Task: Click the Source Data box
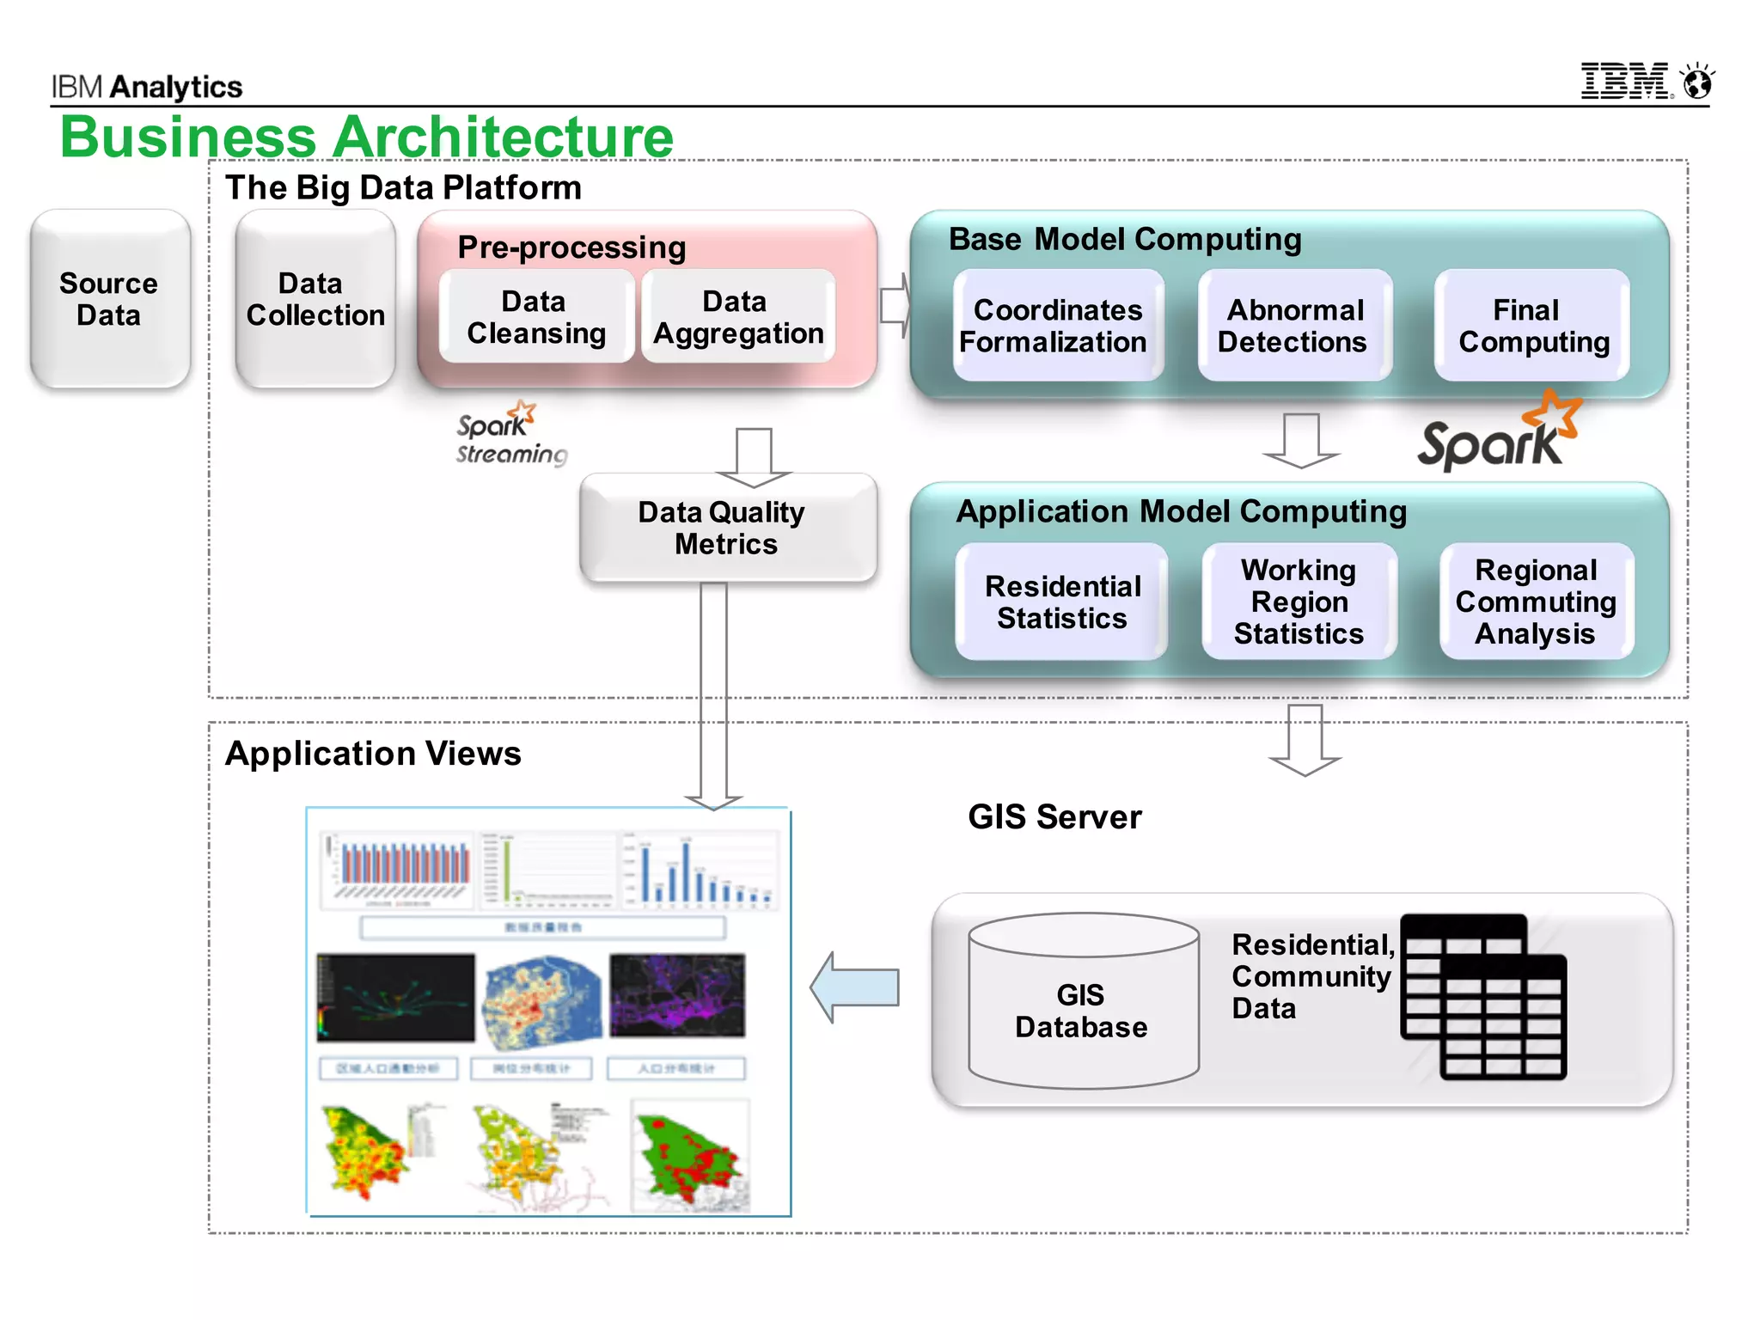coord(109,299)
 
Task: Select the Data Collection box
coord(315,299)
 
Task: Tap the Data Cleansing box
coord(536,316)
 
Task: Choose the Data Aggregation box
coord(738,316)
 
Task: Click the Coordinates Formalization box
coord(1057,325)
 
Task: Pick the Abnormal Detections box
coord(1293,325)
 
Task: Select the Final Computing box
coord(1532,325)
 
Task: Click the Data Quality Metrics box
coord(727,528)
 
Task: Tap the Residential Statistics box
coord(1062,602)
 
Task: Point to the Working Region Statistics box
coord(1299,602)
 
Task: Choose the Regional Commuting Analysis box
coord(1536,602)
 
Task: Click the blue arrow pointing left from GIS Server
coord(855,987)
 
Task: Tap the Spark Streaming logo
coord(509,434)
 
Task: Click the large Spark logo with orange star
coord(1498,434)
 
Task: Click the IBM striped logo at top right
coord(1624,82)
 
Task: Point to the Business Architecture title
coord(367,137)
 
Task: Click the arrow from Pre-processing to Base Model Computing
coord(895,306)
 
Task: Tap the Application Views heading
coord(373,754)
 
